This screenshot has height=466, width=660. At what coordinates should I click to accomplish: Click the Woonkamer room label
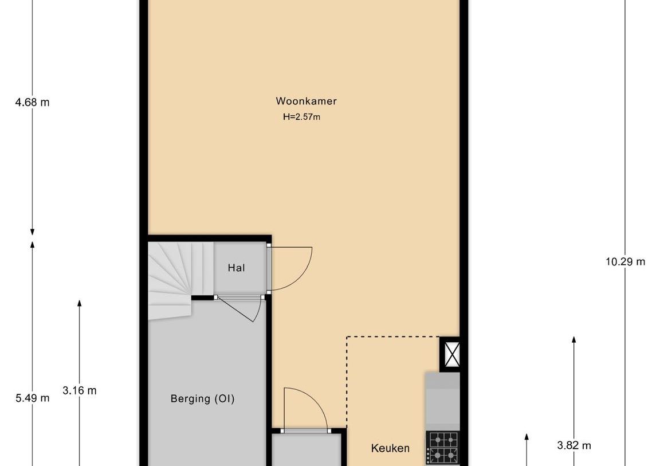click(x=306, y=101)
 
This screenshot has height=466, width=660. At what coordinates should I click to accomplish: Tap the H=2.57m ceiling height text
click(x=301, y=117)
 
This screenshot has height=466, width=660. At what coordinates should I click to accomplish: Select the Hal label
click(x=236, y=268)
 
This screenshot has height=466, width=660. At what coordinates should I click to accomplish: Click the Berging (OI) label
click(x=202, y=399)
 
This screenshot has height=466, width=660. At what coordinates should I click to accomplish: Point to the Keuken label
click(x=390, y=448)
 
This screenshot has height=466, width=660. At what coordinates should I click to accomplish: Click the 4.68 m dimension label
click(x=32, y=103)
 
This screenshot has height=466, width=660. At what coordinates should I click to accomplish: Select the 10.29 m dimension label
click(x=625, y=262)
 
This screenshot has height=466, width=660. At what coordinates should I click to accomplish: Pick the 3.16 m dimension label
click(x=80, y=391)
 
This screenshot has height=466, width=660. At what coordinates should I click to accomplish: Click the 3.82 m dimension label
click(x=574, y=445)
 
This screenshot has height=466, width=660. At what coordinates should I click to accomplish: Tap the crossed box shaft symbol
click(x=450, y=354)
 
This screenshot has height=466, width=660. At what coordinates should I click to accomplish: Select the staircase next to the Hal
click(x=171, y=279)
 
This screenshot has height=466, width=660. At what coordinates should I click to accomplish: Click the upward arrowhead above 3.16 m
click(x=80, y=304)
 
